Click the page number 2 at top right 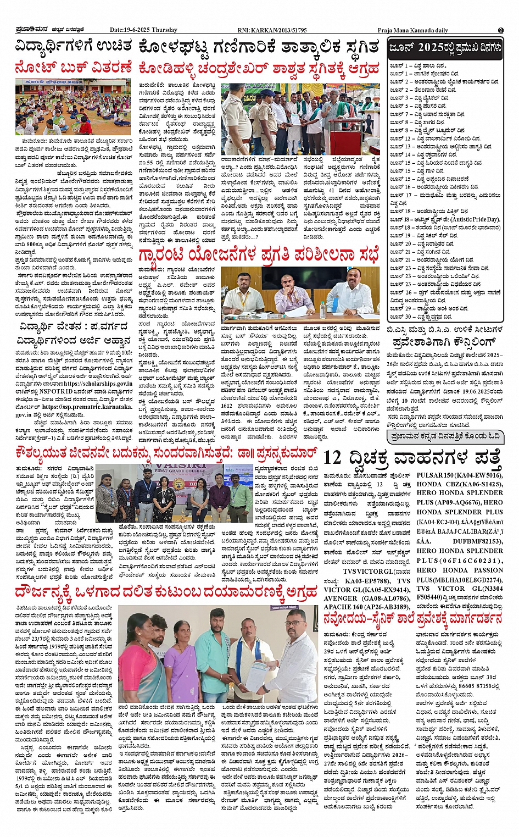[x=500, y=30]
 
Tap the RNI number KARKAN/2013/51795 [x=280, y=30]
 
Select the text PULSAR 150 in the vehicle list [x=437, y=475]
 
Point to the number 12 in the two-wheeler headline [x=333, y=457]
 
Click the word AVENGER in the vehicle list [x=341, y=598]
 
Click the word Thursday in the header [x=165, y=30]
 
